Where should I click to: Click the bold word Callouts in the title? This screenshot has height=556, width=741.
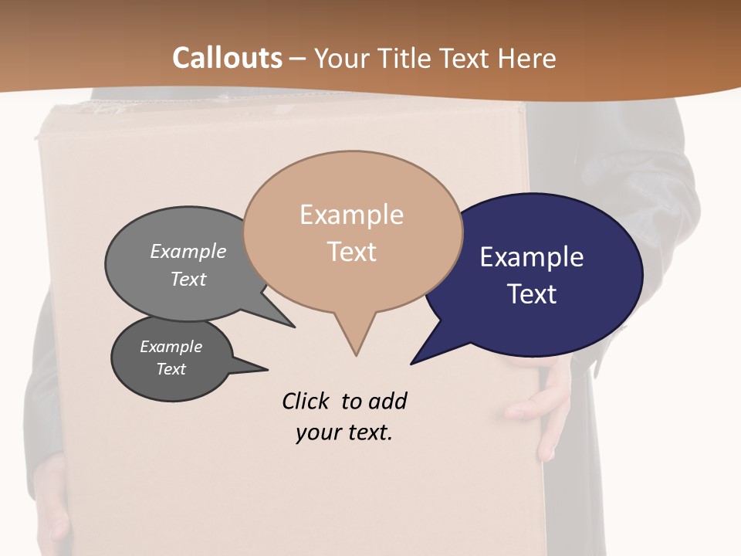pyautogui.click(x=227, y=58)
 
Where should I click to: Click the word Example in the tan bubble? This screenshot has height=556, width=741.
pyautogui.click(x=351, y=215)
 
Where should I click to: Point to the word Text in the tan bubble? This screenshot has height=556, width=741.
pyautogui.click(x=352, y=251)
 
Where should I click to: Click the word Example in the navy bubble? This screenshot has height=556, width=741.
pyautogui.click(x=532, y=257)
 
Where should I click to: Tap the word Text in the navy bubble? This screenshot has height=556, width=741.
pyautogui.click(x=533, y=294)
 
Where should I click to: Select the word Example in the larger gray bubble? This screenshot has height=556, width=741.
pyautogui.click(x=188, y=251)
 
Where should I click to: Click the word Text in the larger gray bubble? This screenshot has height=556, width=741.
pyautogui.click(x=188, y=279)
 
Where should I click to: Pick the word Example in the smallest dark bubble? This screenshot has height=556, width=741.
pyautogui.click(x=171, y=347)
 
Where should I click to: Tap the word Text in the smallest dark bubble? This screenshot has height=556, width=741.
pyautogui.click(x=171, y=369)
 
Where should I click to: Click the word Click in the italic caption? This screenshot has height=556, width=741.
pyautogui.click(x=306, y=401)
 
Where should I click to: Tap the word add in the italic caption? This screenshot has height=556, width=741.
pyautogui.click(x=387, y=401)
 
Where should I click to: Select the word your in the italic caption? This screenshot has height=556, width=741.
pyautogui.click(x=313, y=433)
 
